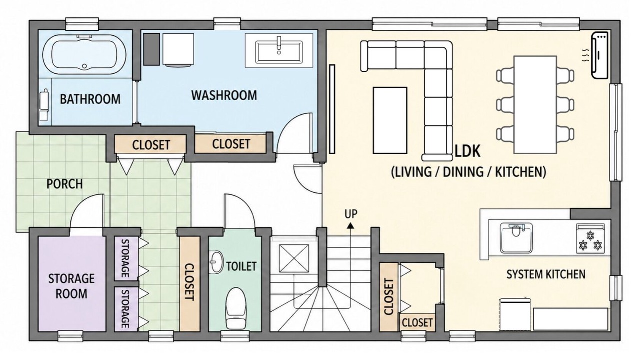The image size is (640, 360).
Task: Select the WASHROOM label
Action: [224, 95]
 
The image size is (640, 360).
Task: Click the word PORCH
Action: [65, 184]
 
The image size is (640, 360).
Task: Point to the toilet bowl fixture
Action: [236, 308]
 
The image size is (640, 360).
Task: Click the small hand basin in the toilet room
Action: [216, 262]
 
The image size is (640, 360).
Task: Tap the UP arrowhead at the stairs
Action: [350, 226]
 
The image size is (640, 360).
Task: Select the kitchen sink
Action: [516, 238]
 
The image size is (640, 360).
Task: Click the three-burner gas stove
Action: [590, 239]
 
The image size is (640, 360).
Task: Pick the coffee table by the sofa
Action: [390, 120]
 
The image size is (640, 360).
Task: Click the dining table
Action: [535, 105]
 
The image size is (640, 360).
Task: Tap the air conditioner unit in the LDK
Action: [600, 55]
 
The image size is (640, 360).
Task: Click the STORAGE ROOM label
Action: [71, 286]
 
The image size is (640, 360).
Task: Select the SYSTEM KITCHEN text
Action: [546, 274]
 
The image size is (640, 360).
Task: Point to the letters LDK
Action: [467, 151]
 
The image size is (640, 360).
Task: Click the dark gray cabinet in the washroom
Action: [151, 49]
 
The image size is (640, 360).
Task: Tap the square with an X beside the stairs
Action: [294, 259]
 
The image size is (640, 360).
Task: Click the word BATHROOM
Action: [90, 99]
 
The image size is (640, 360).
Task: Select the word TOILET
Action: [241, 266]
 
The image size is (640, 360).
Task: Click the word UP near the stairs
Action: [351, 214]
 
